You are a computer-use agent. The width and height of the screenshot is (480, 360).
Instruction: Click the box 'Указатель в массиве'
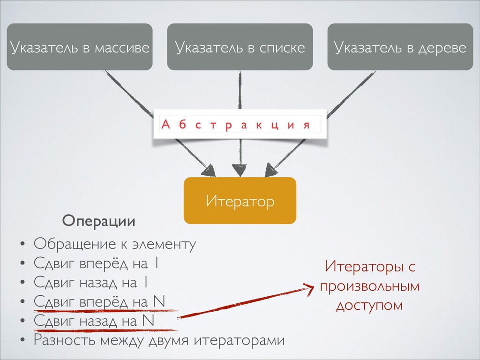(80, 47)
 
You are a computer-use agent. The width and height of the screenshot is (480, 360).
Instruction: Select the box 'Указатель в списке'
(240, 47)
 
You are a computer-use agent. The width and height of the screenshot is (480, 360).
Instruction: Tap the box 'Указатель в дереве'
(400, 47)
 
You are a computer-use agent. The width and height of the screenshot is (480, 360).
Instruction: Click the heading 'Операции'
(99, 221)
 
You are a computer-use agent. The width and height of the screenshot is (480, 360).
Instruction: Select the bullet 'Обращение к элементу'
(115, 244)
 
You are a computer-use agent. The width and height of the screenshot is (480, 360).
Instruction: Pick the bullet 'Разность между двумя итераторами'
(159, 339)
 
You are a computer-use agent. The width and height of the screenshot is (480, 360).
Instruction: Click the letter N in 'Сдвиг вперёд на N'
(159, 301)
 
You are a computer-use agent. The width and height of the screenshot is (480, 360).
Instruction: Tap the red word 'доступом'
(369, 305)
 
